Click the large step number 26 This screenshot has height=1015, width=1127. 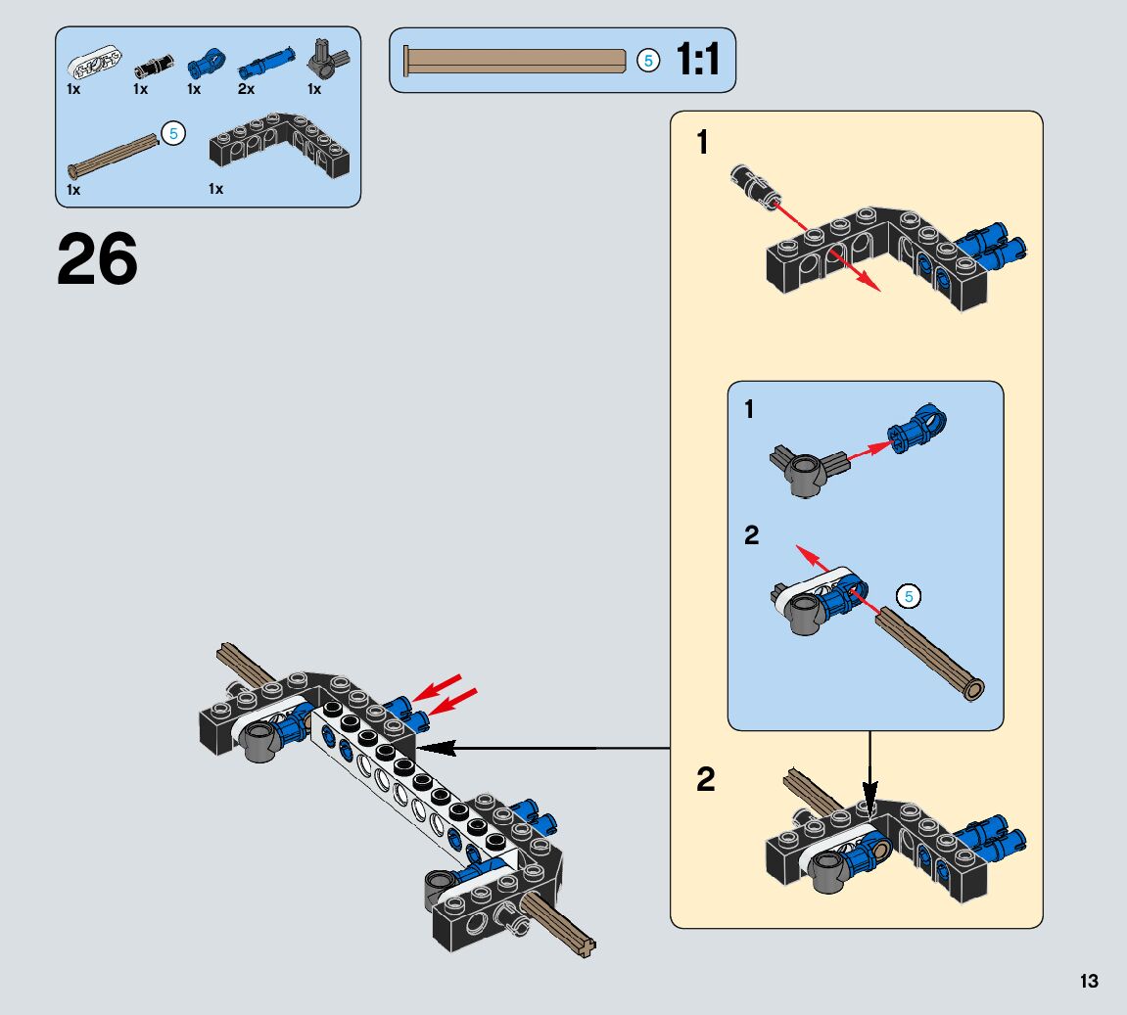click(x=97, y=259)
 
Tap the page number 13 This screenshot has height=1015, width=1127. click(x=1089, y=982)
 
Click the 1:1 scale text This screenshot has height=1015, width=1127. click(x=698, y=61)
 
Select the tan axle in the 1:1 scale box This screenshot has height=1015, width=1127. click(x=515, y=61)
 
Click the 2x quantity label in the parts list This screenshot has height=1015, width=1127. click(x=246, y=89)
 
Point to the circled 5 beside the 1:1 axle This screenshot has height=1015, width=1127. click(x=647, y=61)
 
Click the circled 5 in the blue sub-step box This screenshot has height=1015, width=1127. click(x=908, y=596)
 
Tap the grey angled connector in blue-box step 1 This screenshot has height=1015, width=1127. click(x=806, y=471)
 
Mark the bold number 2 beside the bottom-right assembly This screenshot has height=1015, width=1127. click(x=705, y=780)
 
